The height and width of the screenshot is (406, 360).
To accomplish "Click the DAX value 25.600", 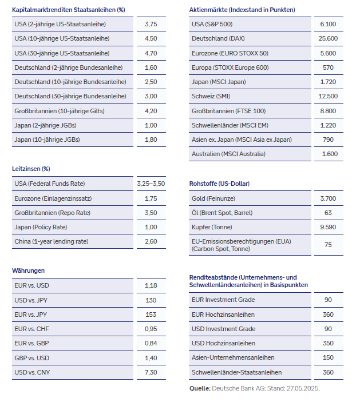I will point(329,39).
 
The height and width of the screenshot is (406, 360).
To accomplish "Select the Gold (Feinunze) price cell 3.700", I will point(329,198).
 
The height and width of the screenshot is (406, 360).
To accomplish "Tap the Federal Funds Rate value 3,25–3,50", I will point(151,184).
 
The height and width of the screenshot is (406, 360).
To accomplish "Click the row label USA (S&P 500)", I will point(212,25).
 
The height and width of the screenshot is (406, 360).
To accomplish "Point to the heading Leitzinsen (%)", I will point(31,169).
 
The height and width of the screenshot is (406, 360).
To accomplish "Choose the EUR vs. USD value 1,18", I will point(151,285).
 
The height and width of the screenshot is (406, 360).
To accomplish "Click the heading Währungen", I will point(28,270).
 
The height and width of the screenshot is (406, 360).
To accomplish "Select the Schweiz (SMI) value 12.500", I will point(329,96).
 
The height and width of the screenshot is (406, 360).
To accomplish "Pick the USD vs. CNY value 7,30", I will point(151,372).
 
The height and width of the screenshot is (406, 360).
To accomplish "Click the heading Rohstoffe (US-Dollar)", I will point(219,184).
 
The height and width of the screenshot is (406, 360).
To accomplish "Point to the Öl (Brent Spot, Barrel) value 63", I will point(329,213).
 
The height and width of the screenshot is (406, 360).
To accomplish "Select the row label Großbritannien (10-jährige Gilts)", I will point(60,111).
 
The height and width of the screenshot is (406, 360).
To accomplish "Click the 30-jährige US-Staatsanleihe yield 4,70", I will point(151,53).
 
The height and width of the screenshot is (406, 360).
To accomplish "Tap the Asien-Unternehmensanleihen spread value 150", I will point(329,357).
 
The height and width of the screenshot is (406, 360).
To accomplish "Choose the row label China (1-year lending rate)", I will point(52,241).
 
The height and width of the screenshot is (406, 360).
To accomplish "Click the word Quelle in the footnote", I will point(199,388).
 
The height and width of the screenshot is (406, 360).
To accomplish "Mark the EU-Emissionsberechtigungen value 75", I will point(329,245).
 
